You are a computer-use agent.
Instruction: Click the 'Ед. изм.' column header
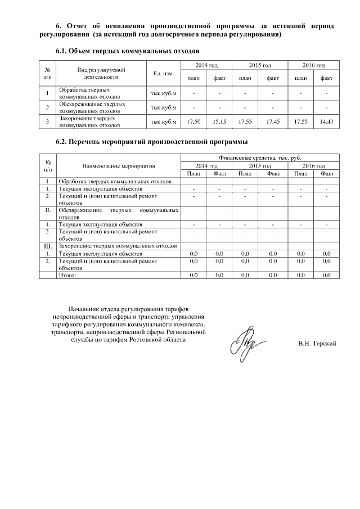coord(163,73)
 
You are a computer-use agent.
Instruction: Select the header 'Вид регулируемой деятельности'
coord(101,73)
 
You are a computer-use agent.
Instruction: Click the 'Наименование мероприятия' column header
coord(118,166)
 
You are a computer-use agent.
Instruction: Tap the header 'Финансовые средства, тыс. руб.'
coord(259,159)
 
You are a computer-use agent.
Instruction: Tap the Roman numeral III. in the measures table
coord(48,246)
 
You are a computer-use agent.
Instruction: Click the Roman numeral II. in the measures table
coord(48,210)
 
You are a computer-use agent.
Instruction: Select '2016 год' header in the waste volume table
coord(313,66)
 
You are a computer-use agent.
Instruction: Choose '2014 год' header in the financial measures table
coord(206,166)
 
